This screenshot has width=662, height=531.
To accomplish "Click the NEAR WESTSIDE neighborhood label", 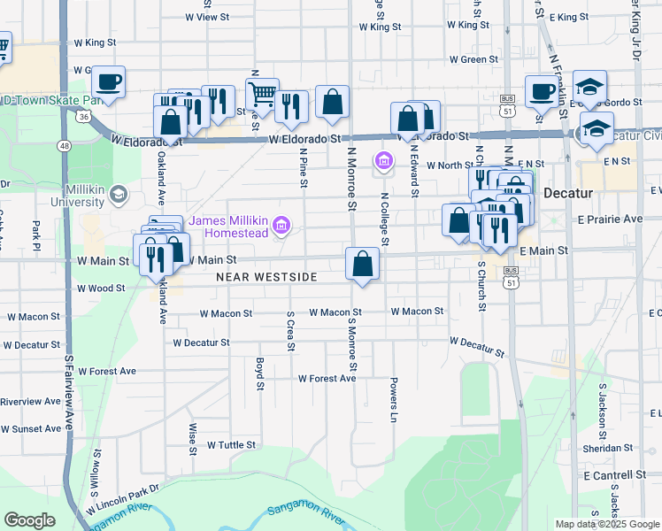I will (266, 277).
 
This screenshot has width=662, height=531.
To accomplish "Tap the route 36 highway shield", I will (82, 116).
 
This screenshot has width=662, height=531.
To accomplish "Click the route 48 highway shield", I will (65, 145).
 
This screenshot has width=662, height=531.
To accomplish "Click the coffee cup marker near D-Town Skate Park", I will (108, 81).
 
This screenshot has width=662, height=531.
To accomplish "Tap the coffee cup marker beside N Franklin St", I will (541, 90).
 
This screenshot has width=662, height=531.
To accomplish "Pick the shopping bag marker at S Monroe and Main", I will (363, 263).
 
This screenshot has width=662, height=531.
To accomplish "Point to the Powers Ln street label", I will (393, 400).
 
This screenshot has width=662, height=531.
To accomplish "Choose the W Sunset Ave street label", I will (30, 428).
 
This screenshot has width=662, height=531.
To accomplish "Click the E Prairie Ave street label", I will (609, 219).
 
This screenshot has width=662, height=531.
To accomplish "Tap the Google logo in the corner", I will (29, 520).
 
